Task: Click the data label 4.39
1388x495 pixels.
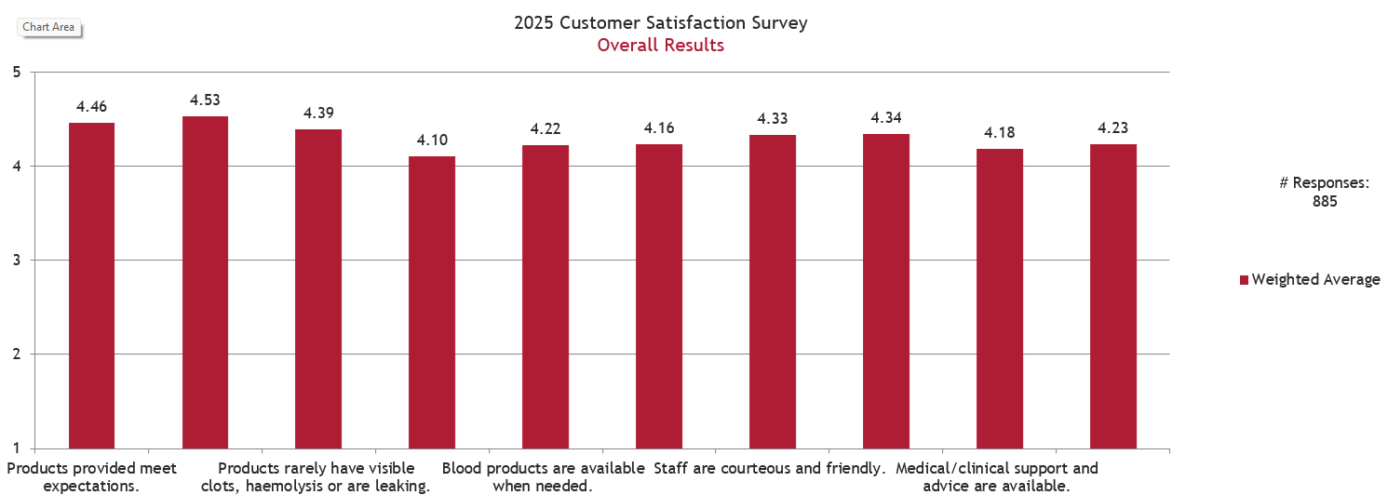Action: point(318,114)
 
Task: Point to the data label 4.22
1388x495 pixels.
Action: point(546,129)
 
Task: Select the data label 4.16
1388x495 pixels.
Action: point(659,128)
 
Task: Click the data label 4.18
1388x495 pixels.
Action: point(1000,133)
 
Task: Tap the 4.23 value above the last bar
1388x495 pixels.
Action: point(1113,128)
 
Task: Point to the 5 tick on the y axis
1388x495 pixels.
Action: point(17,72)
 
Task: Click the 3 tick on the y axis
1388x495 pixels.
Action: point(17,261)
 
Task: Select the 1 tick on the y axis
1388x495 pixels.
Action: point(17,448)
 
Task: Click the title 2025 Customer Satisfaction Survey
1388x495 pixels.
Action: point(661,22)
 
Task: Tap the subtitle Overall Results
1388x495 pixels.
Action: point(661,45)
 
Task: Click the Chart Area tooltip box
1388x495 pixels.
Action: point(48,27)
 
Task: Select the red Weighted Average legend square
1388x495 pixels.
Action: point(1244,280)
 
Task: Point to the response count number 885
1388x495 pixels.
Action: point(1324,201)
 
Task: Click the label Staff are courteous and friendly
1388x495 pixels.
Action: point(769,468)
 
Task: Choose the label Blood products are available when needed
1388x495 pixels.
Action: point(543,476)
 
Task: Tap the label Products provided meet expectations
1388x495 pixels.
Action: point(91,476)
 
